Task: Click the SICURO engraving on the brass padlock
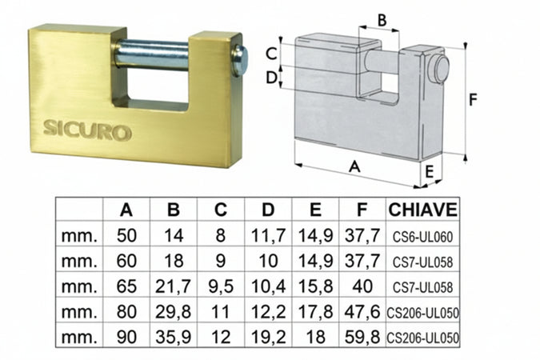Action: pos(87,130)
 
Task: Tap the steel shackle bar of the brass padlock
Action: pos(151,55)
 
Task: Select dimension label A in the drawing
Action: pos(354,166)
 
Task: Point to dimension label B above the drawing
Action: pos(382,20)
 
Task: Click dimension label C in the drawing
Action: pos(271,54)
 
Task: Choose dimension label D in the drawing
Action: pos(271,78)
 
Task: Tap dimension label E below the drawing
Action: pos(429,171)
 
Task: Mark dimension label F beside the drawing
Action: pos(474,99)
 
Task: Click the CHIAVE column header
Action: pos(423,210)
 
